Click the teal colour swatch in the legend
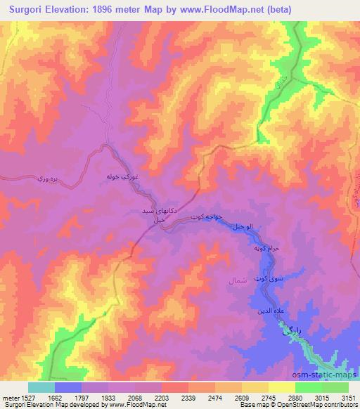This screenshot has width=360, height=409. point(41,387)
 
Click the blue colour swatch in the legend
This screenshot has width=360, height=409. point(68,387)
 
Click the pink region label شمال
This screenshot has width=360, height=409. point(236,280)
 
